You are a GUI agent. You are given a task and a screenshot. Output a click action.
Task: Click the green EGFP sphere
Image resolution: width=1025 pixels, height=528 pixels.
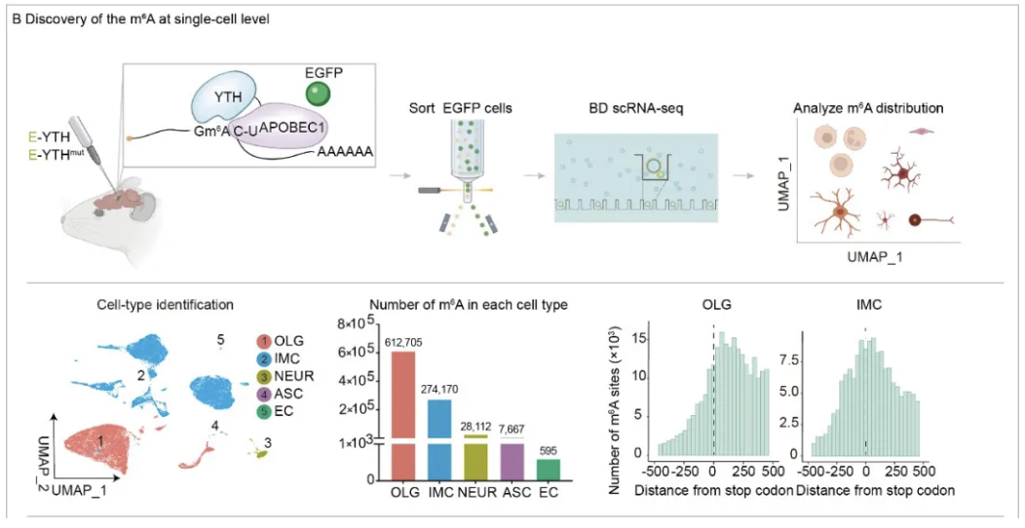click(318, 94)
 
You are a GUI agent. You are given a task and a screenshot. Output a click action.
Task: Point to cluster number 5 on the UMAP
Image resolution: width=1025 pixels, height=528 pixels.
click(221, 339)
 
